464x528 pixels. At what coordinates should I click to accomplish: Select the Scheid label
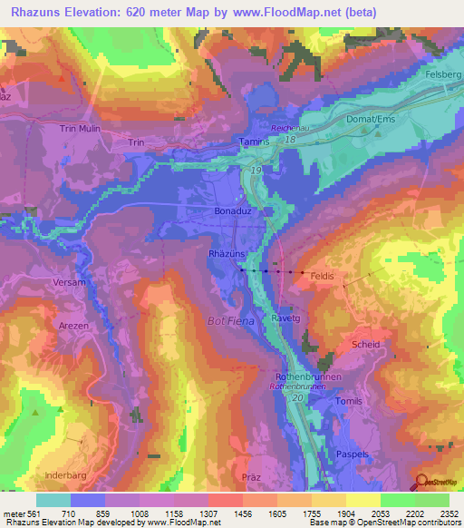tap(365, 344)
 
